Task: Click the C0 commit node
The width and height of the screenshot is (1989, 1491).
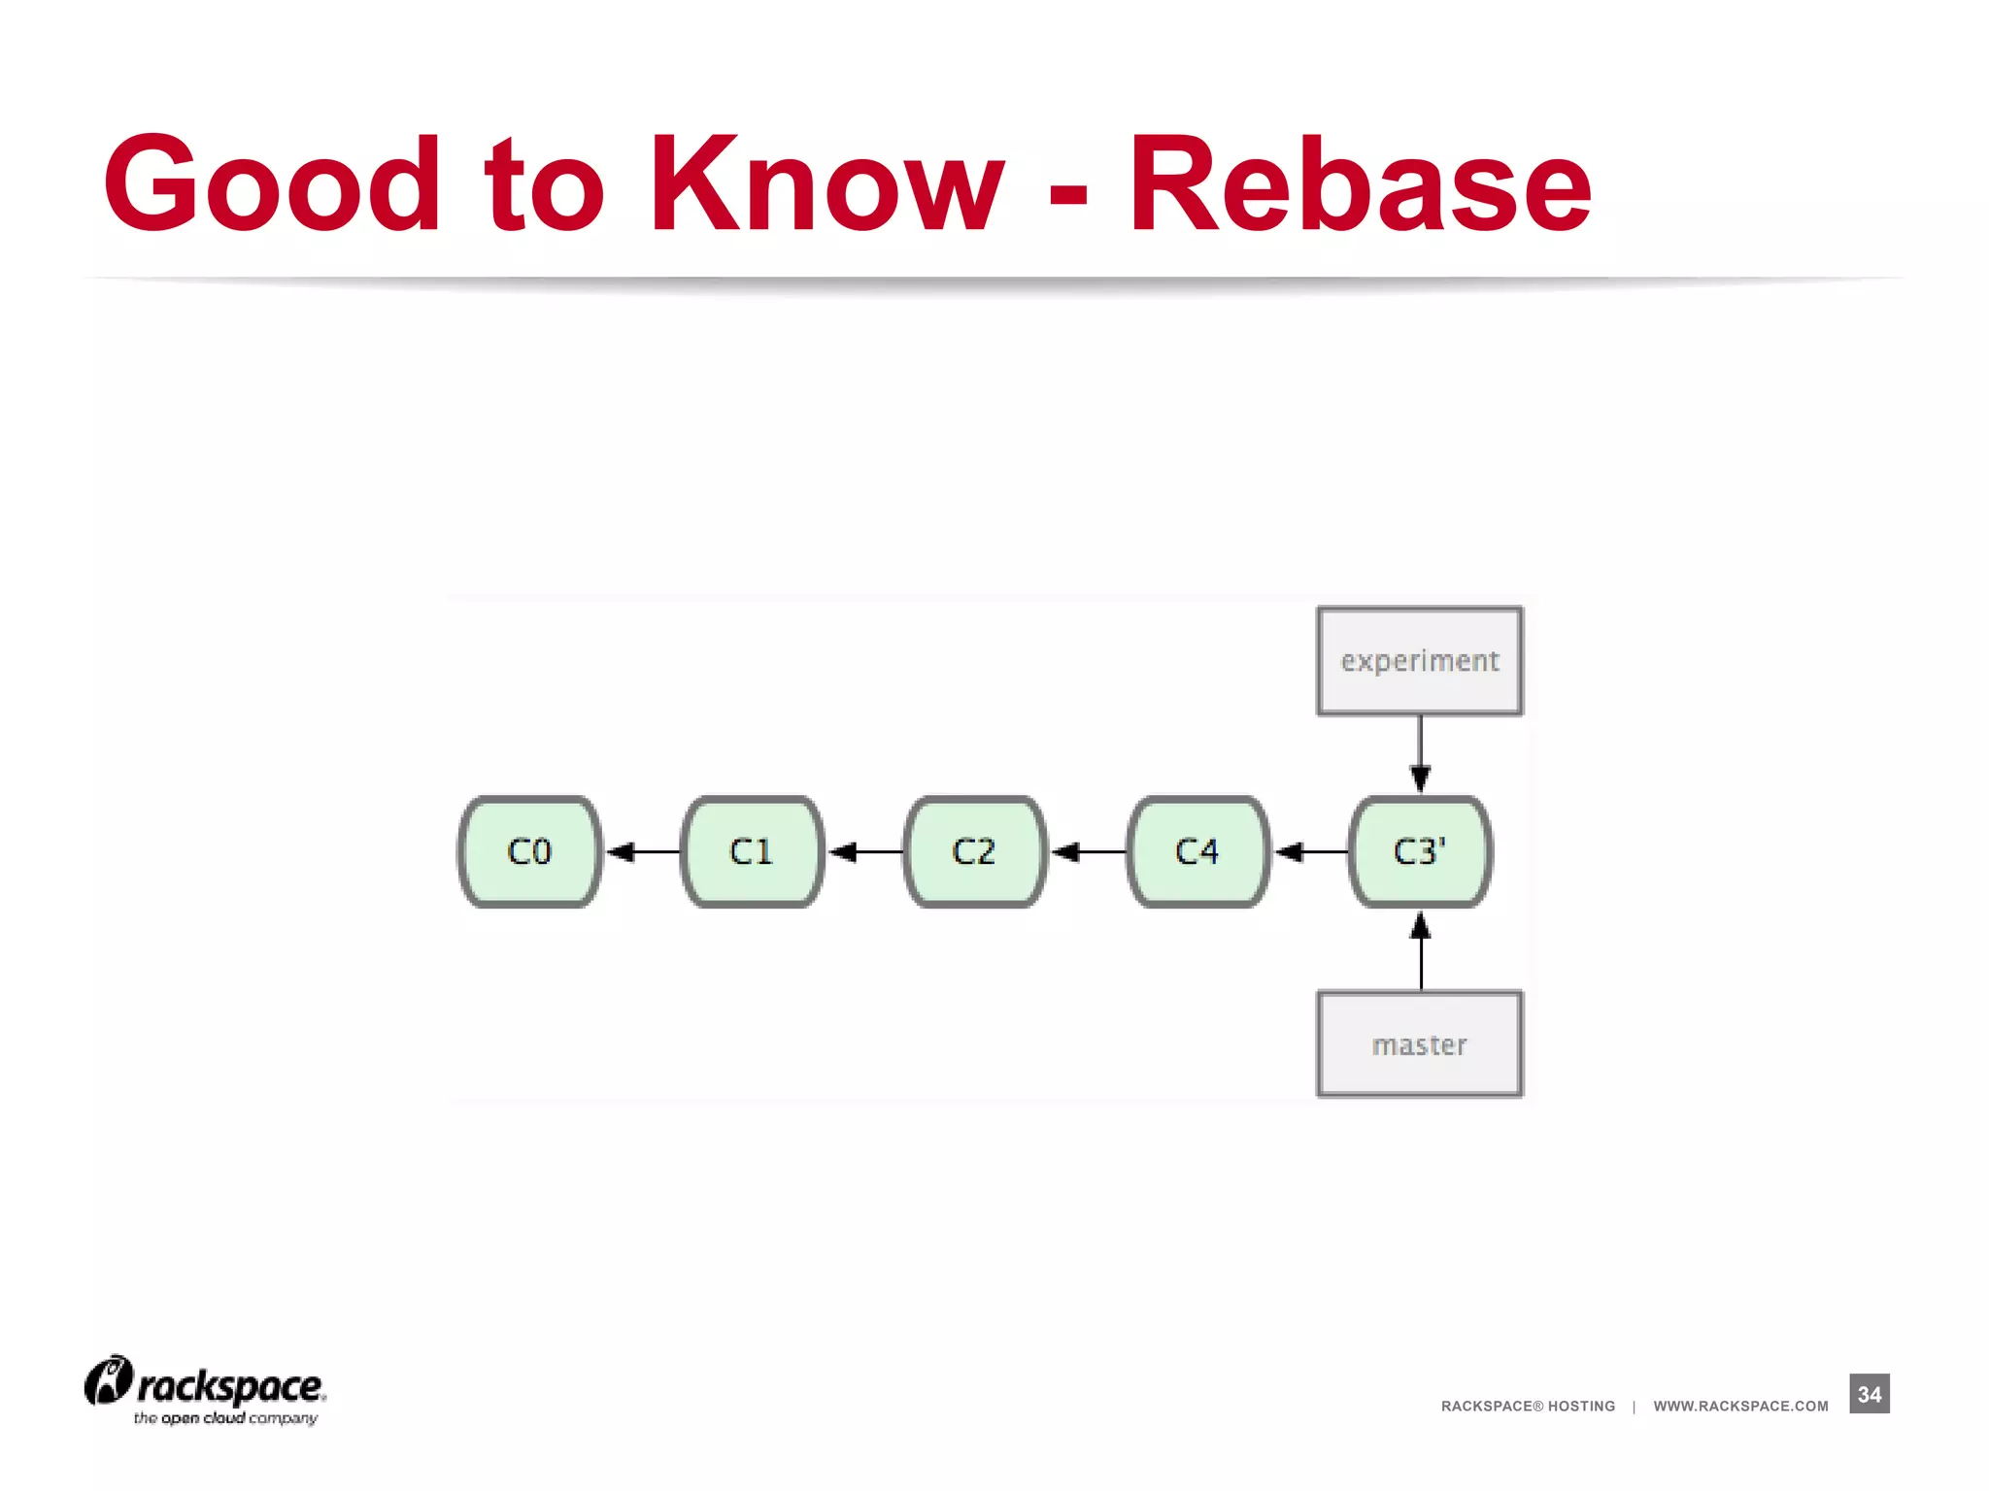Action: pos(529,851)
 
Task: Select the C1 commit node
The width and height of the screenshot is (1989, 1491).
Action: pos(752,851)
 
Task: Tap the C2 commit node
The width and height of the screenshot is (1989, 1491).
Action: pos(974,851)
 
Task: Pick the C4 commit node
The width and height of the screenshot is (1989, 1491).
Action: pos(1197,851)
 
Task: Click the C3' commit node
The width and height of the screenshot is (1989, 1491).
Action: pos(1420,851)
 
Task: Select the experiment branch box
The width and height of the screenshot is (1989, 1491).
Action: pos(1420,661)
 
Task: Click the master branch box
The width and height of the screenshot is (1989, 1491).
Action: pos(1420,1044)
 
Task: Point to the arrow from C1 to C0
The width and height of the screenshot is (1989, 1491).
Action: pos(643,852)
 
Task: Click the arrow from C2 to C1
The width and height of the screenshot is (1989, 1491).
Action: pos(865,852)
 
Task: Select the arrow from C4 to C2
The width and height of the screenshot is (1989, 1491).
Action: pos(1088,852)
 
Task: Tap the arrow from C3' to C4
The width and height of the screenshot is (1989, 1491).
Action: pos(1310,852)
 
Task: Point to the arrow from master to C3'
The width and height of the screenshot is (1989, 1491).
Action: pos(1421,950)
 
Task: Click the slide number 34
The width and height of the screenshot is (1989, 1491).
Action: pos(1870,1394)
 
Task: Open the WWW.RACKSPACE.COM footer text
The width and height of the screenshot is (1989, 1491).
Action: pos(1740,1406)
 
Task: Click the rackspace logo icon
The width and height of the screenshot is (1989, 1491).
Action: pos(108,1380)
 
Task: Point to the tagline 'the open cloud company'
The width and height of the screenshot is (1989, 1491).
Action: pos(225,1418)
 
